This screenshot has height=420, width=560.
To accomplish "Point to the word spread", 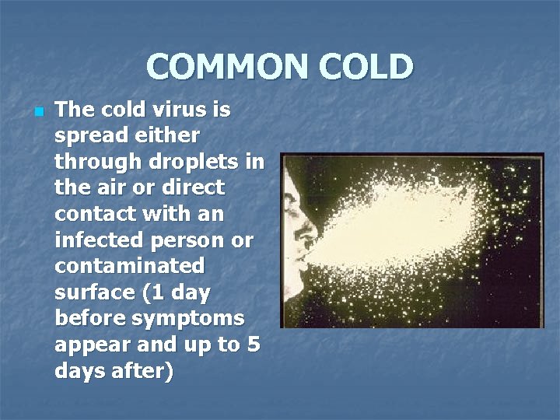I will (x=89, y=136).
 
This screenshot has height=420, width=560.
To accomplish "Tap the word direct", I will (x=190, y=187).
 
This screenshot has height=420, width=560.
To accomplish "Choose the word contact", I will (x=95, y=214).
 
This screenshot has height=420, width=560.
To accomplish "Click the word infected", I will (x=101, y=240).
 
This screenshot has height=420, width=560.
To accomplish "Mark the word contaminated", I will (x=129, y=267).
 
